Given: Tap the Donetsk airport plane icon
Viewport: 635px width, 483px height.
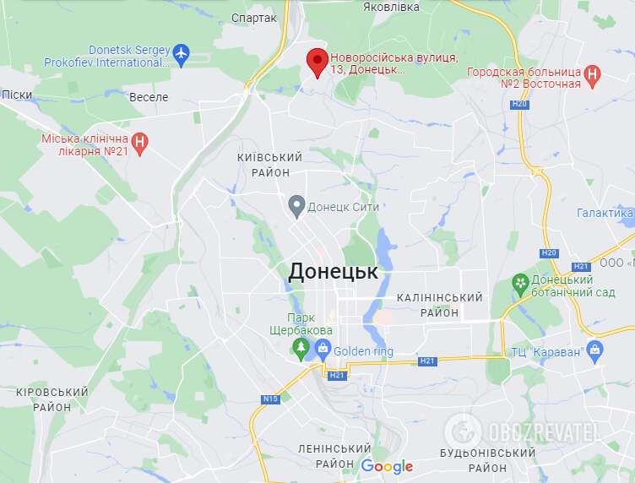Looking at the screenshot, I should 180,55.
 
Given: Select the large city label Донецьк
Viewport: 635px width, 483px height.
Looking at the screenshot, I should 333,271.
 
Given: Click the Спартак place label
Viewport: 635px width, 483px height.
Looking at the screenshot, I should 253,18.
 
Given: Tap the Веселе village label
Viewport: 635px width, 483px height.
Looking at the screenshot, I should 149,97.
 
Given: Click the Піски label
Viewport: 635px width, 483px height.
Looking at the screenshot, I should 16,95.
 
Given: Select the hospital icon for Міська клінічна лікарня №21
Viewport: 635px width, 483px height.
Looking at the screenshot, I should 142,144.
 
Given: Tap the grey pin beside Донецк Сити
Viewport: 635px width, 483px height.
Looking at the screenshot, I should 296,204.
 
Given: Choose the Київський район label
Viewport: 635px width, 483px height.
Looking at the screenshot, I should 270,165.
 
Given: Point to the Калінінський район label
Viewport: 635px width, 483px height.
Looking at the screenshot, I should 439,305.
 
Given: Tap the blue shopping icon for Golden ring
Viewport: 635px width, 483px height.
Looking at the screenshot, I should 322,348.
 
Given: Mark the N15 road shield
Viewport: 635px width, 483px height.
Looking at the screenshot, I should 270,399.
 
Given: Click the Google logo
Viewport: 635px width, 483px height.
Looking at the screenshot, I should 387,466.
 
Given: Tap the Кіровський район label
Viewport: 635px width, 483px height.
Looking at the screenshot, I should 52,399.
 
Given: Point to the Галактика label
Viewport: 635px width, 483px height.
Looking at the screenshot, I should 605,213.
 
